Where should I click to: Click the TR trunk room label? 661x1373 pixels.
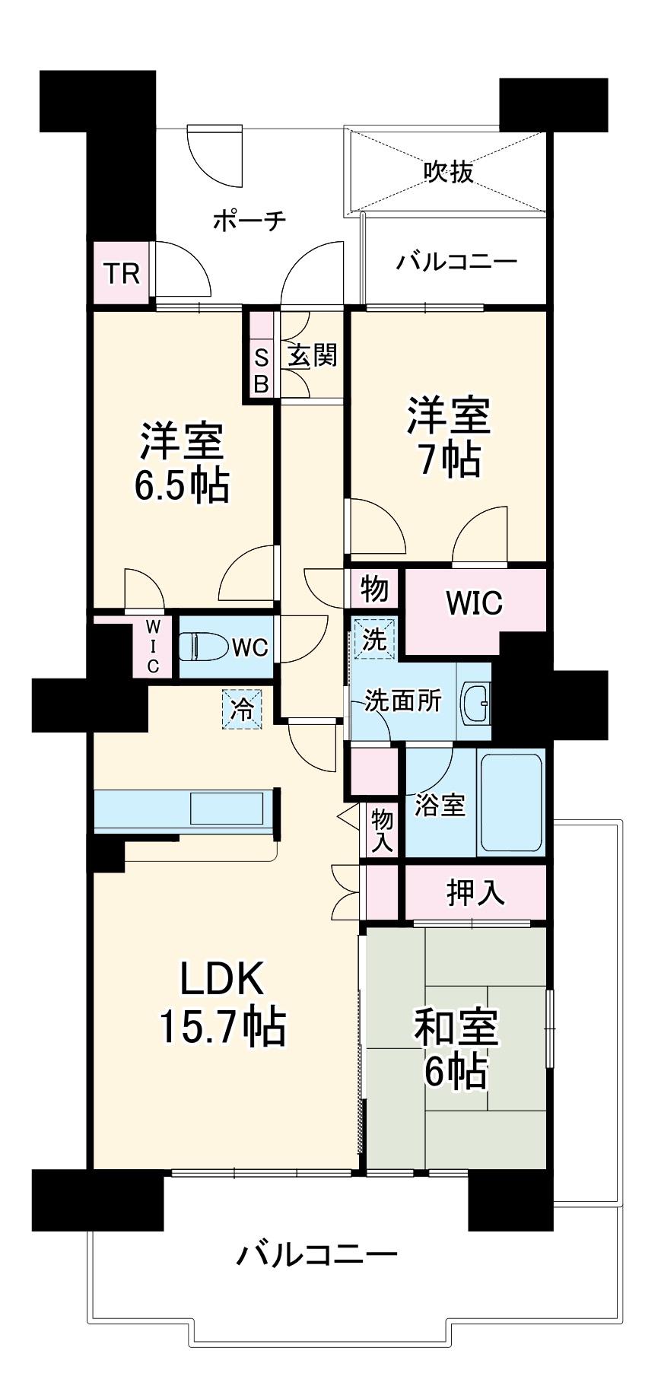tap(122, 272)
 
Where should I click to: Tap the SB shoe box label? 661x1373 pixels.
tap(261, 370)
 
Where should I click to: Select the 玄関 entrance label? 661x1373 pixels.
tap(312, 355)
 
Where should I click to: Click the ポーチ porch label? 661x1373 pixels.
tap(249, 221)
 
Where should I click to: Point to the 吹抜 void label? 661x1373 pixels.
tap(449, 172)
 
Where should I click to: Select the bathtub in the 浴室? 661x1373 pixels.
tap(512, 802)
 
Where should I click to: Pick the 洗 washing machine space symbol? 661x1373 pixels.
tap(373, 638)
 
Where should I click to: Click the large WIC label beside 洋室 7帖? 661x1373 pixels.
tap(474, 602)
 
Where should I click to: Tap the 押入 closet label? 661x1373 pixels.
tap(475, 892)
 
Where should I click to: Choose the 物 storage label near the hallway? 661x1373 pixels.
tap(374, 588)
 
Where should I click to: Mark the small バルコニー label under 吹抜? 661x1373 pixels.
tap(456, 262)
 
